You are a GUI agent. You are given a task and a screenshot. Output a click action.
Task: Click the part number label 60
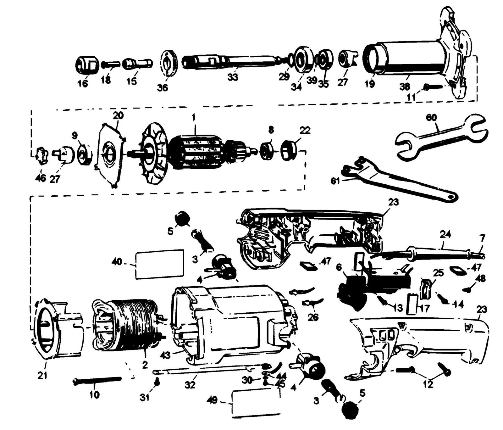point(432,118)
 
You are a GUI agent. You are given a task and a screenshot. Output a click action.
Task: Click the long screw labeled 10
point(97,381)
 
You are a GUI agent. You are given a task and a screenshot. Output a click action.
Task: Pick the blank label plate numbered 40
point(160,264)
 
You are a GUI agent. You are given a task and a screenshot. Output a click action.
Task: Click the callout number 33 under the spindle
point(233,77)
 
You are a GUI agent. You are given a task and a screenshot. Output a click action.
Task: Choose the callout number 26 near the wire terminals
point(312,317)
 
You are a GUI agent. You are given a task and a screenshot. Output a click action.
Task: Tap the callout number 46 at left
point(41,178)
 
